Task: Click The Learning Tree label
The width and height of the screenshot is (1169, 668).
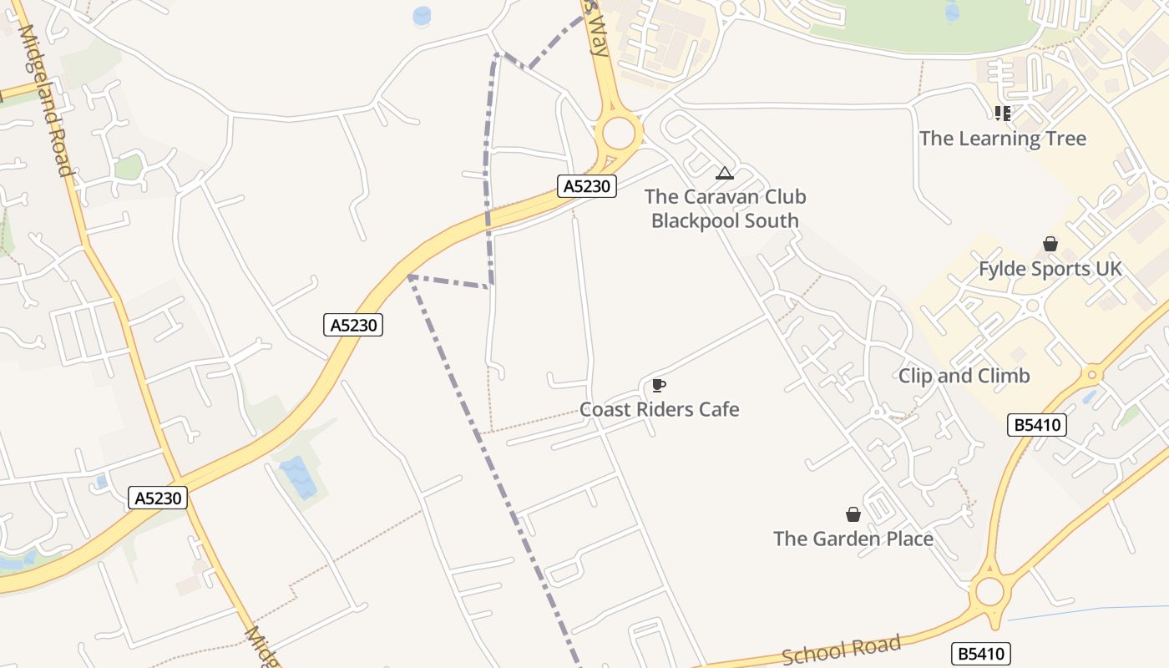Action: point(1003,139)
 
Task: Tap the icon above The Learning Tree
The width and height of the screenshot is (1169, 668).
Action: point(1003,113)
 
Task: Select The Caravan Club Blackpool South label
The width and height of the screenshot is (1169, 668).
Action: point(725,209)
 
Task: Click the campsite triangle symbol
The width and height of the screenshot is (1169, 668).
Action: point(725,174)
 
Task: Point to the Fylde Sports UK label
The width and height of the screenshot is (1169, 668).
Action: point(1050,269)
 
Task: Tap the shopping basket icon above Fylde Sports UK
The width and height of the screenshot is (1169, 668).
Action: point(1050,244)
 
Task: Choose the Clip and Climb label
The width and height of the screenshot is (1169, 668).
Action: point(964,376)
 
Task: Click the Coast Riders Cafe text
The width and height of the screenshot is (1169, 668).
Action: point(660,409)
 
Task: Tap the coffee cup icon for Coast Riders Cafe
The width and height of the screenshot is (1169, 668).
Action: point(659,385)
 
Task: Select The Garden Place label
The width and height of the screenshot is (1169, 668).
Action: point(853,539)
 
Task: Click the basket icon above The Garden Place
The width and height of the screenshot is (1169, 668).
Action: point(853,514)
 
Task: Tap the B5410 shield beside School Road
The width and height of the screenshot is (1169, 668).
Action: point(980,654)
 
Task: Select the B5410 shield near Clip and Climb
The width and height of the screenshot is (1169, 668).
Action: point(1037,425)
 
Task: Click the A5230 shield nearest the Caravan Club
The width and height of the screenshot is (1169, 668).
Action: point(586,186)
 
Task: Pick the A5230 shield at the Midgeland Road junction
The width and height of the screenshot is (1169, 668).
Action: point(159,498)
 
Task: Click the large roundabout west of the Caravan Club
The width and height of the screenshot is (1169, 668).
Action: point(619,134)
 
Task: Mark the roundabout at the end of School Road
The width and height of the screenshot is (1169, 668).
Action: point(989,592)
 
